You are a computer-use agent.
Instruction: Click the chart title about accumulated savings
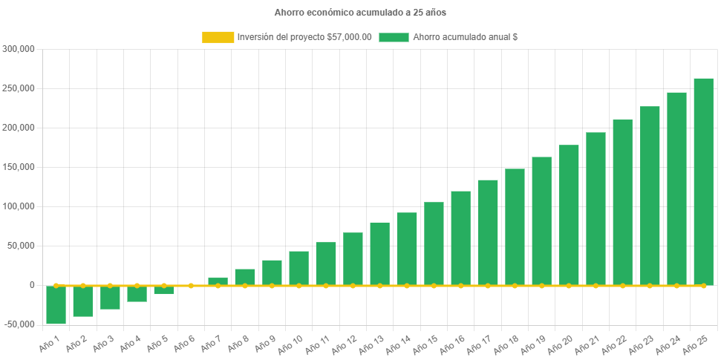coord(360,13)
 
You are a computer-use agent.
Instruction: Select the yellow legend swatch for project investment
coord(218,37)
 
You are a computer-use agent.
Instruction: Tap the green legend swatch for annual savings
coord(394,37)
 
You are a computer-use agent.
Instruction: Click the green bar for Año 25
coord(703,181)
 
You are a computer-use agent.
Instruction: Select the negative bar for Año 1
coord(56,304)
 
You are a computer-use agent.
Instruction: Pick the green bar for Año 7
coord(218,281)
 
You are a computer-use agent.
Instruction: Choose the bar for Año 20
coord(569,215)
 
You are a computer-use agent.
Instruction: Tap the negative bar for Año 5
coord(164,289)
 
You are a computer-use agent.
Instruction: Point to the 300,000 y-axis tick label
coord(19,49)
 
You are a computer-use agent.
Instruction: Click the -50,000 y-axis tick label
coord(19,324)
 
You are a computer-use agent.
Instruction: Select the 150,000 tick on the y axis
coord(19,167)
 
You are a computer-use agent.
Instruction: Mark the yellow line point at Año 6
coord(191,285)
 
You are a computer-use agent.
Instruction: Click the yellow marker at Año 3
coord(110,285)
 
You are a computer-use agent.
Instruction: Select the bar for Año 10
coord(298,268)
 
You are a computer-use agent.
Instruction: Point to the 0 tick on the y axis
coord(32,285)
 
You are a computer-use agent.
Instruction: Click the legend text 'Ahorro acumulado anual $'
coord(465,37)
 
